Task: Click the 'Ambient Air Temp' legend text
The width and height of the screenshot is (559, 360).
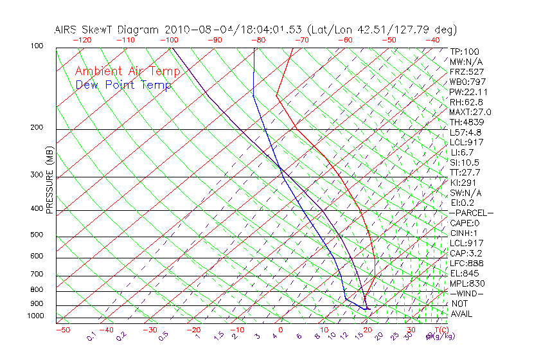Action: point(127,71)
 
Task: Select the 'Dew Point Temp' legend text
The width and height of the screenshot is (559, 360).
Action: point(123,85)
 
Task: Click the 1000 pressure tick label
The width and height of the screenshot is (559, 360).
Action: point(36,316)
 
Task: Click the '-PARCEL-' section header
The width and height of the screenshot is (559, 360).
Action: point(472,213)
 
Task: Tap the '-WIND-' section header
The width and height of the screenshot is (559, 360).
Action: point(466,293)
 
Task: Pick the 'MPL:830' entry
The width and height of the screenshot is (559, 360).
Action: point(467,283)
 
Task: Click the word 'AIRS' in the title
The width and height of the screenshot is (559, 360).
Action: point(68,30)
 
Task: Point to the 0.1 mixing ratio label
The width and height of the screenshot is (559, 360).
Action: point(91,337)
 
